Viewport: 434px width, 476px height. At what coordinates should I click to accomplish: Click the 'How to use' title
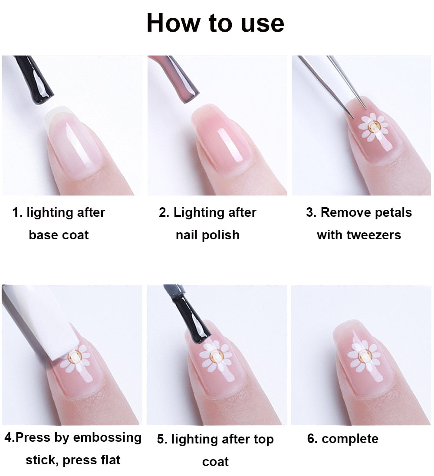215,23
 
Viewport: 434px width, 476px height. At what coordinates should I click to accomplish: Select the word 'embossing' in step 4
108,438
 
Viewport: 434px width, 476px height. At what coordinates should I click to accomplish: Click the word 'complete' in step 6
350,439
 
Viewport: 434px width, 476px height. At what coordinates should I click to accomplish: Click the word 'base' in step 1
43,235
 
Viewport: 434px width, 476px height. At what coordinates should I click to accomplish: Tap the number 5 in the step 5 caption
161,440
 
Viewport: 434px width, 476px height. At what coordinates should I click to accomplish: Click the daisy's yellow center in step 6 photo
363,355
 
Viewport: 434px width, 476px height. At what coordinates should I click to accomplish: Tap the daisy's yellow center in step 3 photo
373,127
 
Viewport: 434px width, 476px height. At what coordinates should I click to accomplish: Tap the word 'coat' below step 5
215,462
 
